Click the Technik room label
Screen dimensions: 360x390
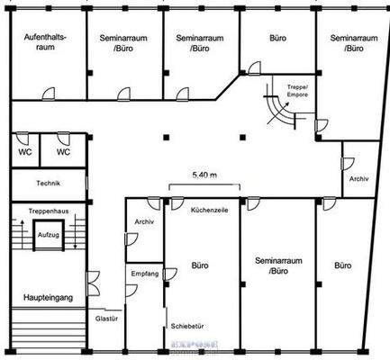click(48, 183)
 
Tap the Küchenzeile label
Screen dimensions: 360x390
click(209, 210)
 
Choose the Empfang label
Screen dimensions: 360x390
click(145, 273)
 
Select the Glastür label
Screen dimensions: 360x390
click(106, 318)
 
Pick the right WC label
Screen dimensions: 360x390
click(63, 152)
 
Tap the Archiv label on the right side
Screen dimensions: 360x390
click(358, 178)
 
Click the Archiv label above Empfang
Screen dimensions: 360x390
click(143, 221)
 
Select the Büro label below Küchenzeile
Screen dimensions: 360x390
click(201, 265)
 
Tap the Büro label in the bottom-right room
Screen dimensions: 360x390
click(342, 265)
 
